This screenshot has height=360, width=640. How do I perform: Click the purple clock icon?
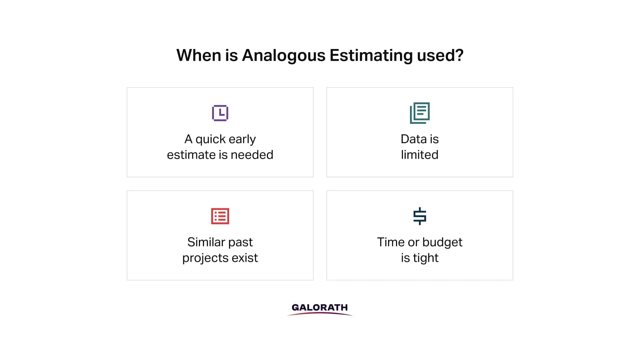(220, 113)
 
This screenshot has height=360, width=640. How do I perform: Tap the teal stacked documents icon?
(420, 113)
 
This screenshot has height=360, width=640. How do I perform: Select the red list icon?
(220, 216)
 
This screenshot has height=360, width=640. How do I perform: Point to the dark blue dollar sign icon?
(420, 216)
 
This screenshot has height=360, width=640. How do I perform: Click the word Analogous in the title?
(283, 55)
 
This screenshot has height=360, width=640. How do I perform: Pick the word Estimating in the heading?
(371, 55)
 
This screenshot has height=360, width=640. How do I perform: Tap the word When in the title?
(198, 55)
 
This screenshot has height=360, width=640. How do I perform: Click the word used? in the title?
(440, 55)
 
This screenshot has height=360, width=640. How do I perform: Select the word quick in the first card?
(210, 139)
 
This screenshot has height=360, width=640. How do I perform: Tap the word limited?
(420, 155)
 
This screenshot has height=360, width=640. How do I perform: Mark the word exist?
(243, 258)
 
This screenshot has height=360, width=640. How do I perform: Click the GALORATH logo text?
(320, 308)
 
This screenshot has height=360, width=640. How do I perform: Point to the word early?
(242, 139)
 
